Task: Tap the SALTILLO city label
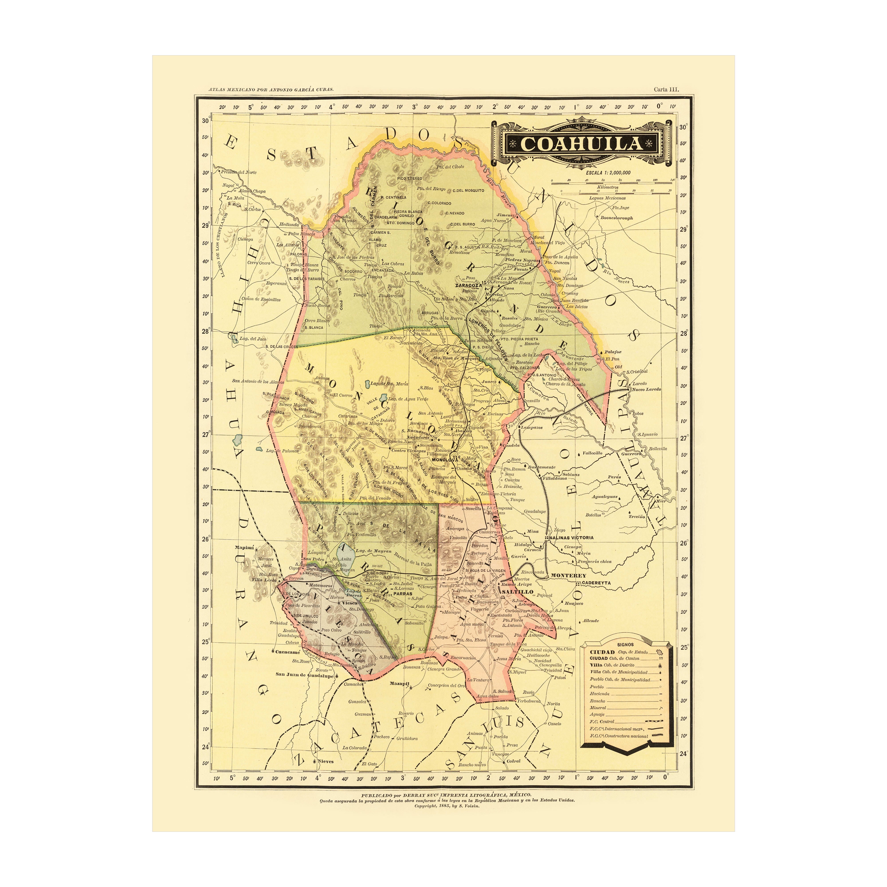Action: (517, 592)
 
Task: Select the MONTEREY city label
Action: (568, 575)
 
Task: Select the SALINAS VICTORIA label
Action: (571, 537)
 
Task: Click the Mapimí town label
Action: (244, 547)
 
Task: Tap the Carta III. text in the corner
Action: (666, 90)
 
